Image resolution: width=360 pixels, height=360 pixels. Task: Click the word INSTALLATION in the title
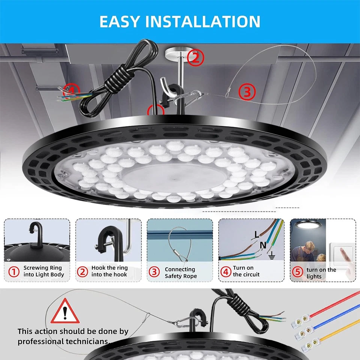[202, 21]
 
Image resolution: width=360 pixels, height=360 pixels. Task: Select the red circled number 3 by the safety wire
[247, 91]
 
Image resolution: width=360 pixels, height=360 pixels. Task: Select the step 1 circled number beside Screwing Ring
[14, 271]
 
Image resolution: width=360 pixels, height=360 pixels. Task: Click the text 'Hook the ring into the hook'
[109, 271]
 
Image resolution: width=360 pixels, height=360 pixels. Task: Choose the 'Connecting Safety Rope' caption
[180, 273]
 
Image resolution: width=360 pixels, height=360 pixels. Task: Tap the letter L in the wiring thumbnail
[256, 235]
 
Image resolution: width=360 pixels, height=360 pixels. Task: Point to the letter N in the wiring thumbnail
[263, 246]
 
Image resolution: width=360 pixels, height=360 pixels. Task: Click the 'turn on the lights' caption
[321, 273]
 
